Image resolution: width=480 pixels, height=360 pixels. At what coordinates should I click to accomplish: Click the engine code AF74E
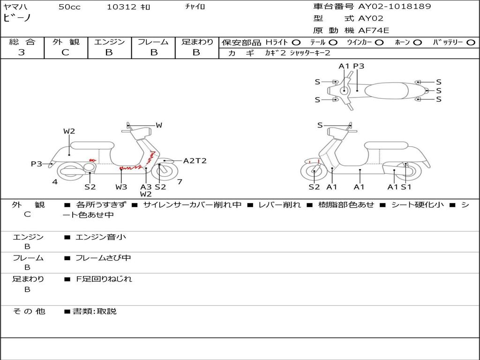click(x=374, y=30)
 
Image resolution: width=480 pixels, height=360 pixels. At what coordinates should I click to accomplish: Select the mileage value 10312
click(x=121, y=7)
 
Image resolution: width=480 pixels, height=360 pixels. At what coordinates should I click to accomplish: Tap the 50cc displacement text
click(x=69, y=7)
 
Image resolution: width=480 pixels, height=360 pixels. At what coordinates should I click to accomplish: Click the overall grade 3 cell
click(x=22, y=52)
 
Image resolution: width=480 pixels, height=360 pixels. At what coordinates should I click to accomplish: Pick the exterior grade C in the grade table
click(x=65, y=52)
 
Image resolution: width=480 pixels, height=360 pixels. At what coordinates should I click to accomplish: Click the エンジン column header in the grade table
click(x=109, y=42)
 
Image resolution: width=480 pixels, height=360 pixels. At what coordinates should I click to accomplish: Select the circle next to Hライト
click(x=296, y=42)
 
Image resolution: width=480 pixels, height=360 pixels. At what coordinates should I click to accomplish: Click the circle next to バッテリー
click(x=471, y=42)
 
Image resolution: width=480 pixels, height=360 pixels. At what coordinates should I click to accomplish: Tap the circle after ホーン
click(x=418, y=42)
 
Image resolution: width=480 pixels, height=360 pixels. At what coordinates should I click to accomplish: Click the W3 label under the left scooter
click(x=121, y=187)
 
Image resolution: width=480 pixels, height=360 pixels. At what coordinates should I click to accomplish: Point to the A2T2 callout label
click(x=195, y=161)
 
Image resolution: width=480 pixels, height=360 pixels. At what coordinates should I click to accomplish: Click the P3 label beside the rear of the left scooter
click(x=37, y=164)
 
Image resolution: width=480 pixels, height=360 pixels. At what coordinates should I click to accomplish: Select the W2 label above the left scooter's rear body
click(x=69, y=131)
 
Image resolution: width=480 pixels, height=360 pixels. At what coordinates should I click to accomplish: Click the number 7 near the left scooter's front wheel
click(x=180, y=181)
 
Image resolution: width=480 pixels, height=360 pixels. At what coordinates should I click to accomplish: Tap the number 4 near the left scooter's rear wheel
click(x=55, y=182)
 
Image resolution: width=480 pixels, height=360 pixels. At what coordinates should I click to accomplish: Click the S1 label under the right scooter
click(x=406, y=187)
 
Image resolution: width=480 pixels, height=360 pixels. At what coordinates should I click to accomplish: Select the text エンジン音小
click(x=101, y=237)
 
